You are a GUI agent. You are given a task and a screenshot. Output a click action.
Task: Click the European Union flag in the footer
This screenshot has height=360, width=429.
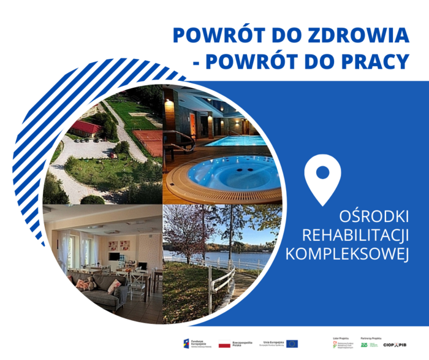(292, 344)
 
